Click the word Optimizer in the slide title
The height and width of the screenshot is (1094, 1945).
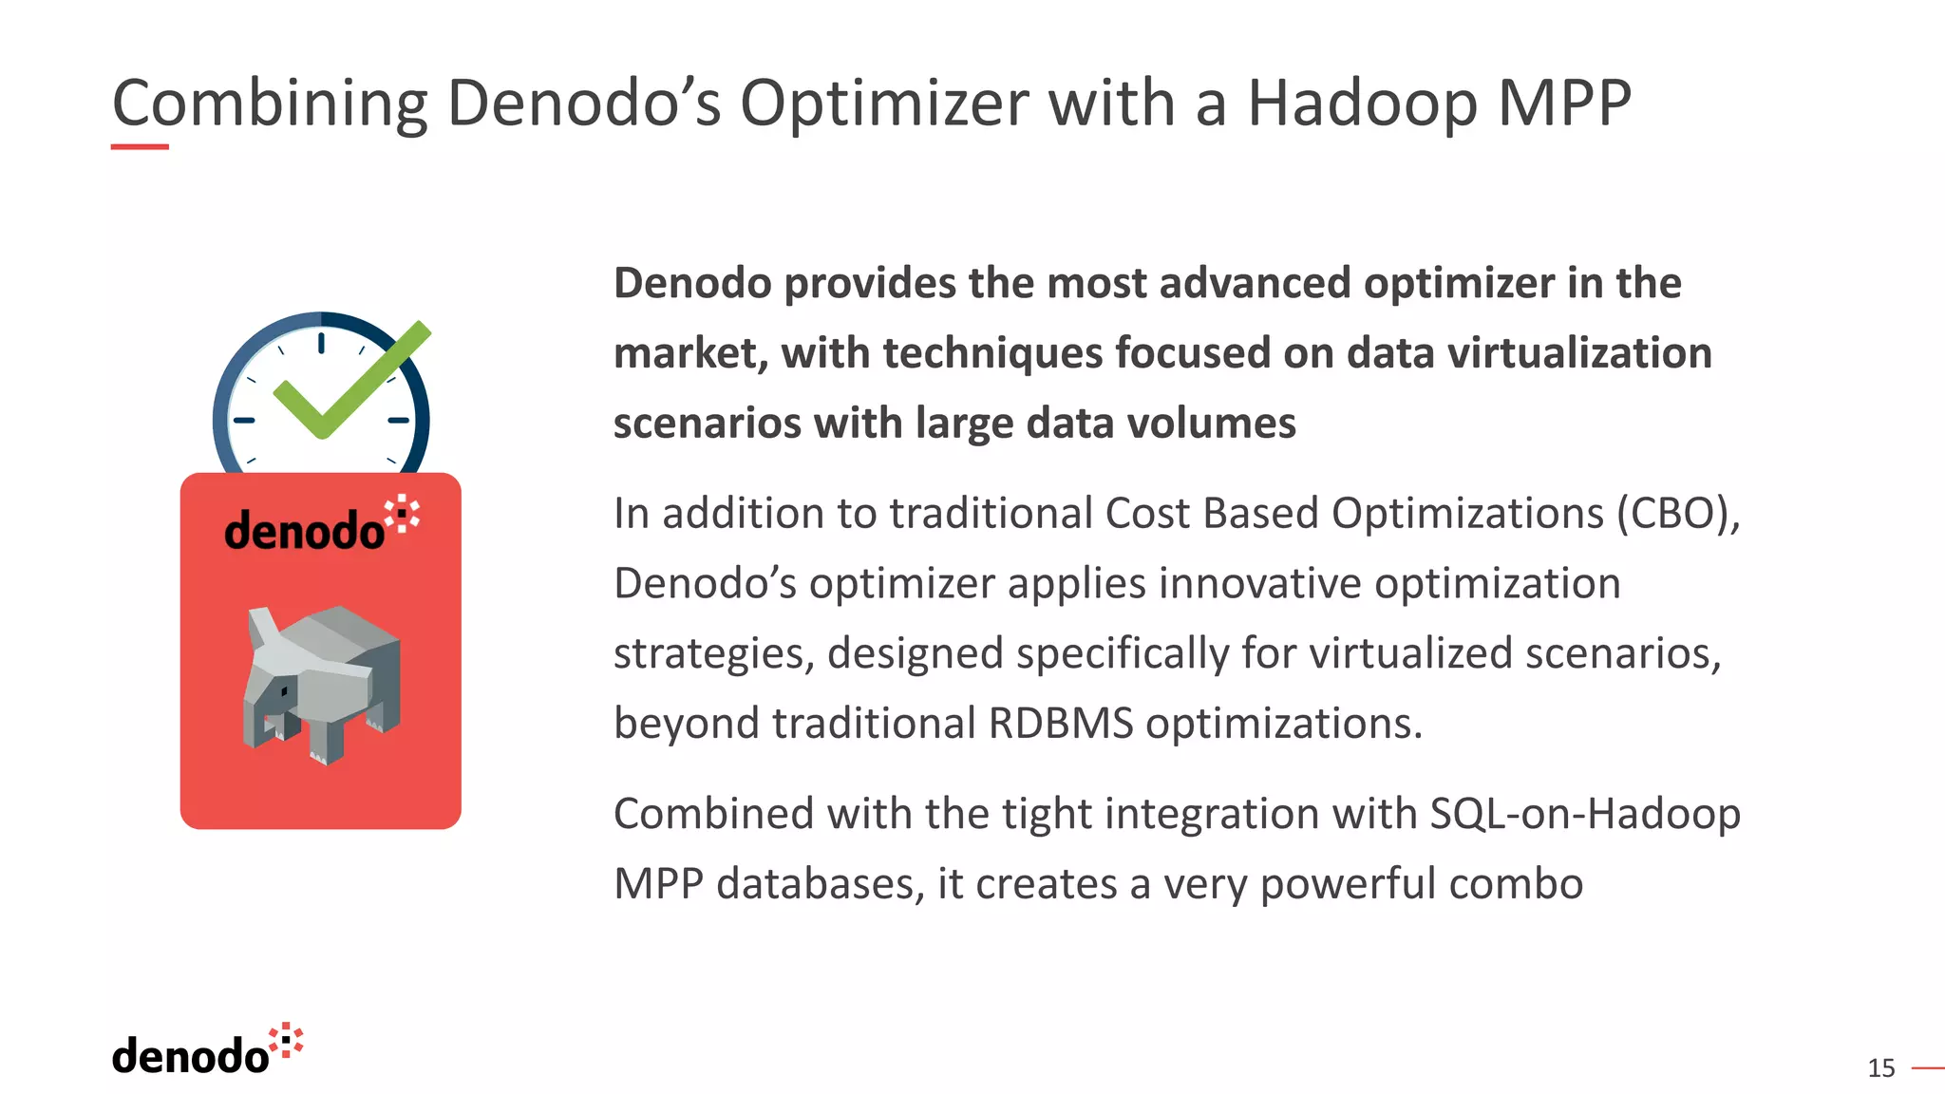click(x=884, y=103)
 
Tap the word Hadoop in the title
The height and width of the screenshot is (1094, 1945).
click(x=1362, y=103)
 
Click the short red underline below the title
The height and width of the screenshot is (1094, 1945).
click(x=140, y=147)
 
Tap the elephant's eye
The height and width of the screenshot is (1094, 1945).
click(x=283, y=690)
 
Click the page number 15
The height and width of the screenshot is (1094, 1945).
click(x=1880, y=1068)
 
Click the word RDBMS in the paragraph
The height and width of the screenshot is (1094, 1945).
click(x=1061, y=724)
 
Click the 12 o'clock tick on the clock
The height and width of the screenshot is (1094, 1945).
click(x=321, y=343)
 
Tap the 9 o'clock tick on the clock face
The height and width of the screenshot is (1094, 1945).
click(x=244, y=420)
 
